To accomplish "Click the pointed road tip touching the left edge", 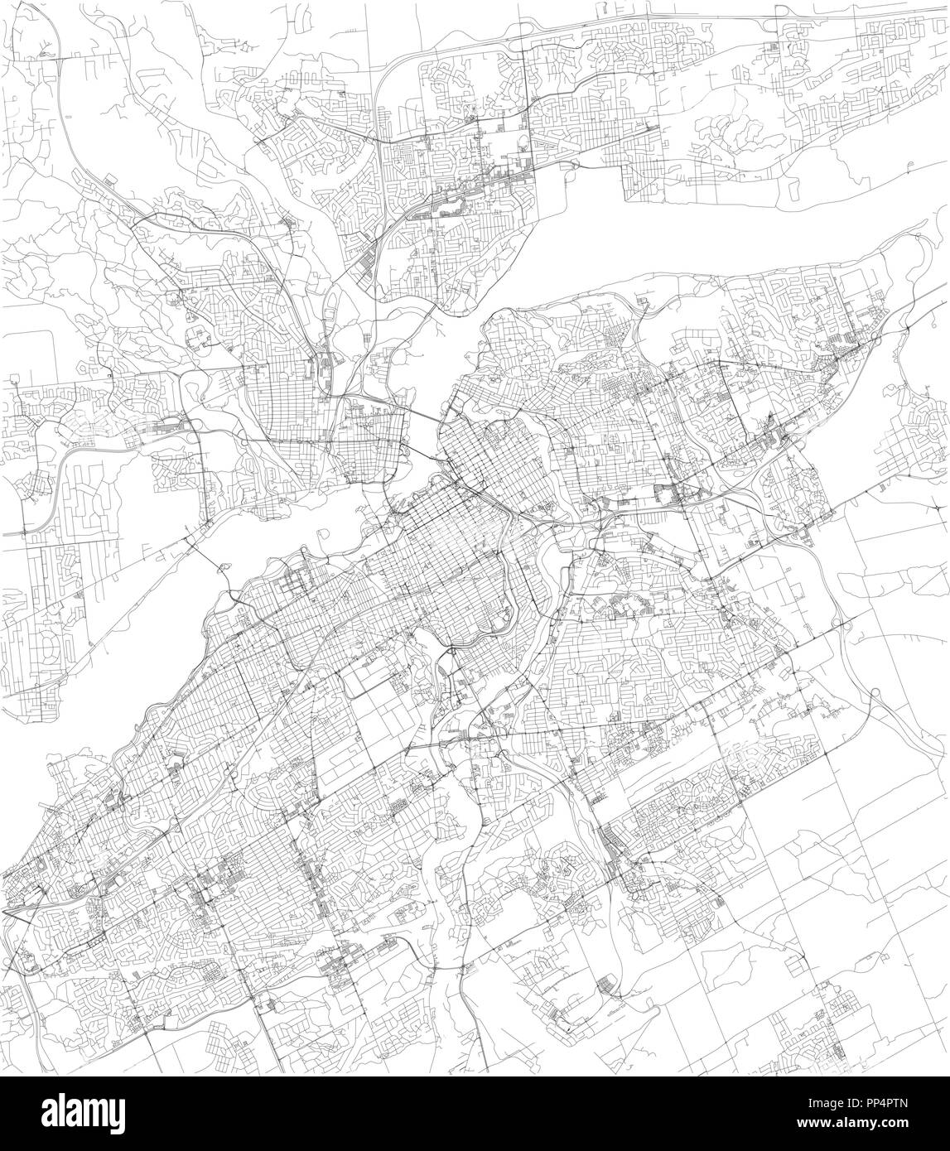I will point(4,910).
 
